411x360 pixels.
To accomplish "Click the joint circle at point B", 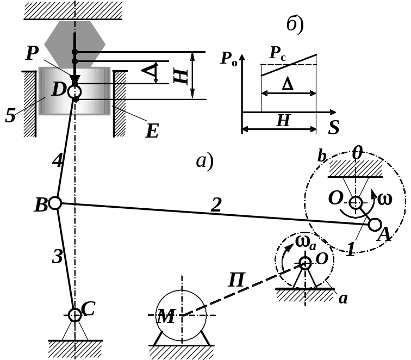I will [54, 203].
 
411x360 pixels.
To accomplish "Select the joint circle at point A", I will [375, 224].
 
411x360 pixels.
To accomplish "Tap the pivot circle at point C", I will [75, 314].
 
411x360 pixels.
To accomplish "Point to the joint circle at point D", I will [75, 91].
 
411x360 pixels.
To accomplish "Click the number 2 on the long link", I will [216, 204].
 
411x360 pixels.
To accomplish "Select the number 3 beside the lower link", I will [57, 256].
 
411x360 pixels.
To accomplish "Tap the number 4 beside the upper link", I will [57, 161].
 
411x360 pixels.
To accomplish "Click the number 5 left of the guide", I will [10, 116].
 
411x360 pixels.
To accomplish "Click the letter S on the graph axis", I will [334, 128].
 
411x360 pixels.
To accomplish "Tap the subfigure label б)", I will [294, 25].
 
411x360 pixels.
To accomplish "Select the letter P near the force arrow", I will [32, 53].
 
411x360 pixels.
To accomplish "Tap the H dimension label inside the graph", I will [283, 121].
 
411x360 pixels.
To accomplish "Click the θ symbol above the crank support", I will [357, 153].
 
